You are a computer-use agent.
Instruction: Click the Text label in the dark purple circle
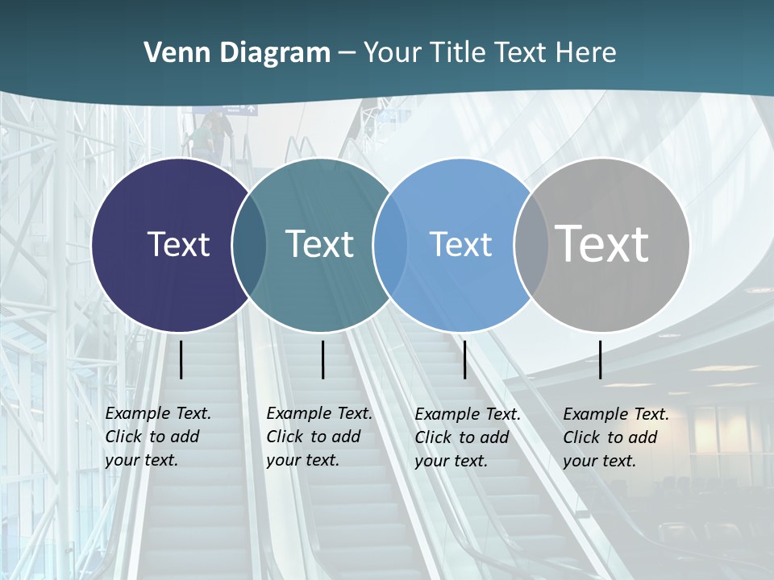pos(178,244)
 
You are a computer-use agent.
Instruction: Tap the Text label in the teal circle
pos(319,244)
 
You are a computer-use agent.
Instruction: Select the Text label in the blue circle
pos(460,244)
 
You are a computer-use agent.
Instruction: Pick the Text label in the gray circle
pos(602,243)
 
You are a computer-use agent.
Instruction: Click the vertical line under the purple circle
pos(181,359)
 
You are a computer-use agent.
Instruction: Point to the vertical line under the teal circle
pos(322,359)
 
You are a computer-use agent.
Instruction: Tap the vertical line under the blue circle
pos(464,359)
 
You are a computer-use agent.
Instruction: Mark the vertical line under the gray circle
pos(600,359)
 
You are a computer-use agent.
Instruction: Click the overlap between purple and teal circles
pos(249,245)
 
